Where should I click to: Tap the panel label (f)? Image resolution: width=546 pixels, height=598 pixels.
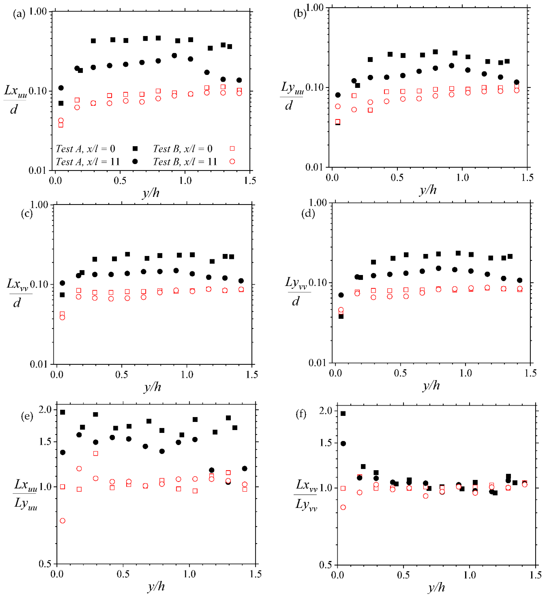point(301,414)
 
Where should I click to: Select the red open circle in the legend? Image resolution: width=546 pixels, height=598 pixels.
point(232,161)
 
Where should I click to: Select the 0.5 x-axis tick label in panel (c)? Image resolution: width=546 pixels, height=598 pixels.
point(122,375)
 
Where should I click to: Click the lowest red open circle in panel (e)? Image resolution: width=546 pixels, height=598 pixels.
point(63,521)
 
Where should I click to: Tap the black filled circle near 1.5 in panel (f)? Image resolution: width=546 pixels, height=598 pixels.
point(343,443)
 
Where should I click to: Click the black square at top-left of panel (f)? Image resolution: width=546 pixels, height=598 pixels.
point(343,413)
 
